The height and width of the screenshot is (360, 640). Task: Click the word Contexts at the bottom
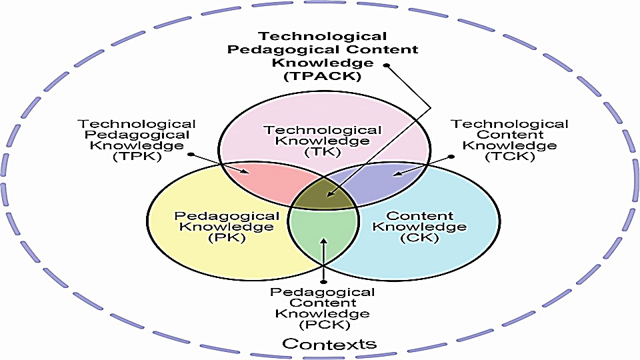[x=329, y=344]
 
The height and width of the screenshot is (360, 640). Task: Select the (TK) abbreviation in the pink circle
[x=322, y=153]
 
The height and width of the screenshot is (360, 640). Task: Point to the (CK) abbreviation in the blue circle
[x=420, y=238]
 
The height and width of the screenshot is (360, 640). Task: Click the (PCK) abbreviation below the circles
[x=323, y=325]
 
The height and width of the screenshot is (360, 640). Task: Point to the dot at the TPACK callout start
[x=386, y=65]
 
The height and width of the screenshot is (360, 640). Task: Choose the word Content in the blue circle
[x=420, y=216]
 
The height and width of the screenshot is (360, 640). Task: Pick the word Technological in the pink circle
[x=322, y=131]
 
